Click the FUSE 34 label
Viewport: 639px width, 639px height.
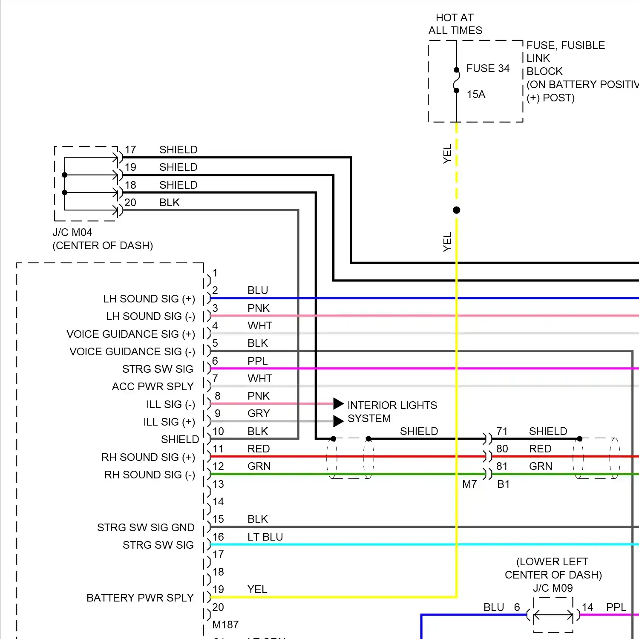pyautogui.click(x=488, y=69)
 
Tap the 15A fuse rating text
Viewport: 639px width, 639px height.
pyautogui.click(x=476, y=95)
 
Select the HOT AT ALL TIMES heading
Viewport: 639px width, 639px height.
pyautogui.click(x=455, y=24)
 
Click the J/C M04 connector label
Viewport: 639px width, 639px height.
pyautogui.click(x=72, y=233)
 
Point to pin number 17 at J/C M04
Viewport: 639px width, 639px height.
pyautogui.click(x=130, y=150)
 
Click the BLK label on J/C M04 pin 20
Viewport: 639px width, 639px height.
pyautogui.click(x=169, y=203)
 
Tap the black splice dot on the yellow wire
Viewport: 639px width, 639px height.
pyautogui.click(x=456, y=210)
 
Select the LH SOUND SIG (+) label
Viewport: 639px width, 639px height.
pyautogui.click(x=149, y=299)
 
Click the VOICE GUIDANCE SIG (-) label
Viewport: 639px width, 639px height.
pyautogui.click(x=132, y=352)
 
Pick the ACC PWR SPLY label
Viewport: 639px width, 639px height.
pyautogui.click(x=153, y=387)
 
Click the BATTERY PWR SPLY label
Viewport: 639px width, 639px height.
pyautogui.click(x=140, y=598)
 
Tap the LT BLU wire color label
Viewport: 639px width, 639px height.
pyautogui.click(x=265, y=537)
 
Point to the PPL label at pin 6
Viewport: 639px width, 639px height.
pyautogui.click(x=257, y=361)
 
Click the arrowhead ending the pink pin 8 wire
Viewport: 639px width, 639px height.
pyautogui.click(x=338, y=403)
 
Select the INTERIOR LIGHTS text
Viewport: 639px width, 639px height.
pyautogui.click(x=392, y=405)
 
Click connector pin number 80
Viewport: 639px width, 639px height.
pyautogui.click(x=502, y=449)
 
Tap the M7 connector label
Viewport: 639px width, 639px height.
pyautogui.click(x=469, y=484)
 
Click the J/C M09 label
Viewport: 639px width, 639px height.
pyautogui.click(x=553, y=588)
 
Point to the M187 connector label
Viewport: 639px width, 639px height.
pyautogui.click(x=225, y=625)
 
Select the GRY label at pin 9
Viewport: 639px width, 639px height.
pyautogui.click(x=258, y=414)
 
